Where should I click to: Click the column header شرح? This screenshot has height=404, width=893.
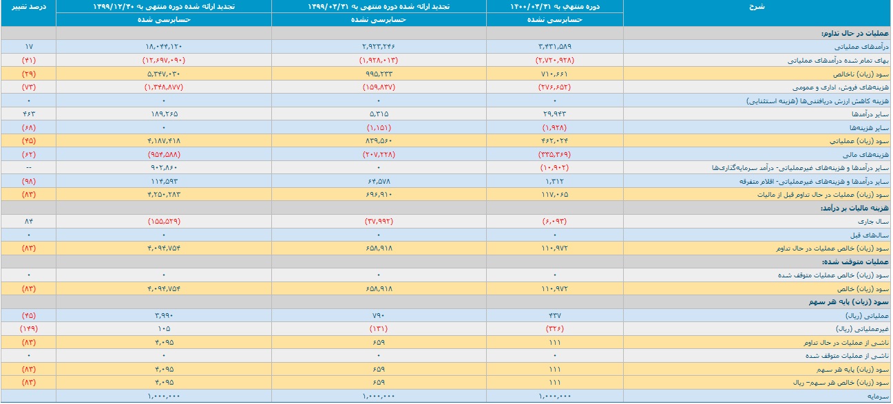[756, 7]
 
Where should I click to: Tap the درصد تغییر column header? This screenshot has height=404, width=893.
[28, 7]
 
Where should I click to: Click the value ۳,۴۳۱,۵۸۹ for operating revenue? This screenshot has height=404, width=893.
[554, 47]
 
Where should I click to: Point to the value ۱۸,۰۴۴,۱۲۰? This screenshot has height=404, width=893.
[163, 47]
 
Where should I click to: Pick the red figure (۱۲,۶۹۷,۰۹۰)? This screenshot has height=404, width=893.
[163, 60]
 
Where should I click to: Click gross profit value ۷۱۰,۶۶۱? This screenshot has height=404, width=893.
[554, 74]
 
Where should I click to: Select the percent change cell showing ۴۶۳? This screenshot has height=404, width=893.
[29, 114]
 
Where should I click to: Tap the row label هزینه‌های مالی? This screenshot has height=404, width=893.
[865, 155]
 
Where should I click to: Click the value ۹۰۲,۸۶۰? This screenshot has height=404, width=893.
[163, 168]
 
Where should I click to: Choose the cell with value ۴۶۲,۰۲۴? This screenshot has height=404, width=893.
[554, 140]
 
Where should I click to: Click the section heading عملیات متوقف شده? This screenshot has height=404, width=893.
[855, 262]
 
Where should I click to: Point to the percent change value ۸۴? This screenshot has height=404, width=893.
[29, 221]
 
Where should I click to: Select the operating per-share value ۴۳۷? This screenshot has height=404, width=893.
[554, 315]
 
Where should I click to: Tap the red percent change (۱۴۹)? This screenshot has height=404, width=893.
[29, 329]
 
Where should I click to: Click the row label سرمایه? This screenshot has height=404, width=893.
[879, 396]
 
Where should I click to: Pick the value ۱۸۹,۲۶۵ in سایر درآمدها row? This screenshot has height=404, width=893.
[163, 114]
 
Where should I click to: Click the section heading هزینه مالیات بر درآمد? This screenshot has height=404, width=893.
[854, 208]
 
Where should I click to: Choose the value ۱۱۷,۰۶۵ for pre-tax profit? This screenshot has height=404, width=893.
[554, 195]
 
